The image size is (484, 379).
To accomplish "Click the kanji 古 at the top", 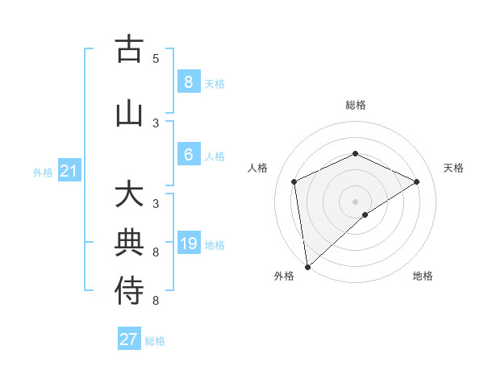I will coord(129,49).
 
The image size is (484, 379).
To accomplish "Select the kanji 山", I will coord(129,113).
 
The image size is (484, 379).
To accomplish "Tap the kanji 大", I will coord(129,195).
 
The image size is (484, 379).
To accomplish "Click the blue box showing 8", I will coord(188,82).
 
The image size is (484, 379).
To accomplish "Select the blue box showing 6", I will coord(188,155).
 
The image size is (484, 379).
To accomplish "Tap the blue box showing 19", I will coord(188,244).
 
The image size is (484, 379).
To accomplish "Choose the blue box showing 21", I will coord(69,171).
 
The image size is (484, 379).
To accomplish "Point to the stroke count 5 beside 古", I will coord(156,59).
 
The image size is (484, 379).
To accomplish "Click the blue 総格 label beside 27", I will coord(155,341).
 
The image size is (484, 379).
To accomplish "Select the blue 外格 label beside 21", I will coord(43,173).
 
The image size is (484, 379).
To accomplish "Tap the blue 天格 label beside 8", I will coord(215,84).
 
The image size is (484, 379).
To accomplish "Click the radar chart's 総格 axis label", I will coord(355,105).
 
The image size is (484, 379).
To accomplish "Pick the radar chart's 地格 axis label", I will coord(423,276).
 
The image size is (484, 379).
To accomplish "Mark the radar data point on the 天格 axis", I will coord(417,181).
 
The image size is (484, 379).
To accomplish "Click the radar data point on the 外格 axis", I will coord(307,266).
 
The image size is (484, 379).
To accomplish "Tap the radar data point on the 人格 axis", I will coord(294,181).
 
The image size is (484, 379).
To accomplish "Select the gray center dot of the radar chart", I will coord(355,201).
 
